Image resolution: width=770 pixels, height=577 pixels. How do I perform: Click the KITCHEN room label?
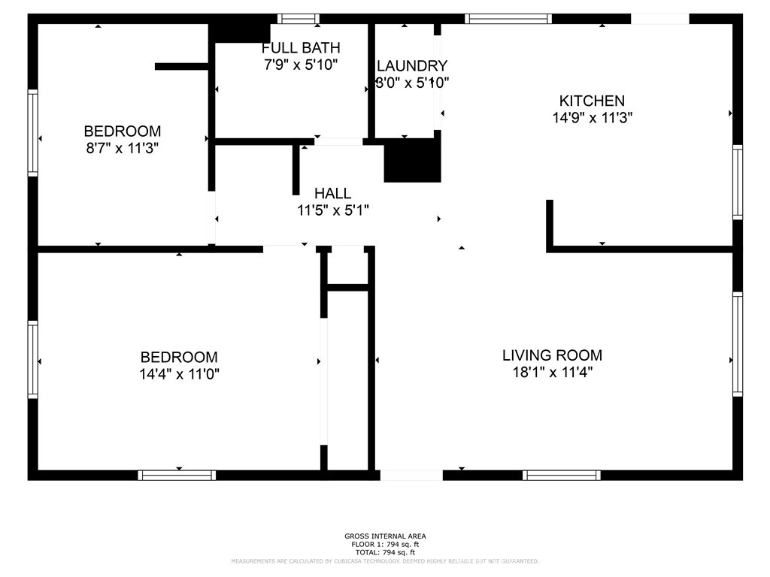[x=591, y=101]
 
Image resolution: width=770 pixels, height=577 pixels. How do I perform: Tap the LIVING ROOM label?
[x=552, y=355]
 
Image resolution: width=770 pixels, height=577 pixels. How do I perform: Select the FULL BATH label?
[x=301, y=49]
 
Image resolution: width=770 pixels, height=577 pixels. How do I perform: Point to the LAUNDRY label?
[x=412, y=66]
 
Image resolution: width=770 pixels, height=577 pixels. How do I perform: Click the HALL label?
[x=332, y=194]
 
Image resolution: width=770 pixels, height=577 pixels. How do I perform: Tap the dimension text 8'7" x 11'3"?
[x=122, y=148]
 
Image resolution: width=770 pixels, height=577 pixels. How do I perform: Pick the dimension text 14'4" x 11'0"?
[x=179, y=374]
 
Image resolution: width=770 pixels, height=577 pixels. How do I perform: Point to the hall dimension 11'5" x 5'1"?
[x=332, y=210]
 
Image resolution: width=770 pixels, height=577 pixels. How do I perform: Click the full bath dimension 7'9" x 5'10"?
[x=301, y=65]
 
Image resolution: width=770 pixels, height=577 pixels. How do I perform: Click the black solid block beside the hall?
[x=412, y=160]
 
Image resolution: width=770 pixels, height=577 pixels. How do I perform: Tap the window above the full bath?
[x=299, y=19]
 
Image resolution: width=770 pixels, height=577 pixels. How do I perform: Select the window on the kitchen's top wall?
[x=508, y=19]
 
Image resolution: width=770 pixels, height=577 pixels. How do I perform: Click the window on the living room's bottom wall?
[x=562, y=475]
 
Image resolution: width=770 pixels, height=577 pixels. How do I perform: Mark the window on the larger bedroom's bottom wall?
[x=177, y=475]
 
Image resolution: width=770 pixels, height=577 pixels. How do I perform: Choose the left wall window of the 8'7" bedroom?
[x=33, y=133]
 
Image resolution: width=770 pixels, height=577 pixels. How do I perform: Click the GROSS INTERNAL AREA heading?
[x=385, y=536]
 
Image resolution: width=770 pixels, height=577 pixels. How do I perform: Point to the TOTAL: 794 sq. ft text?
[x=385, y=552]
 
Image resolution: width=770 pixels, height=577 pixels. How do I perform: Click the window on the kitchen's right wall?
[x=738, y=183]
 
